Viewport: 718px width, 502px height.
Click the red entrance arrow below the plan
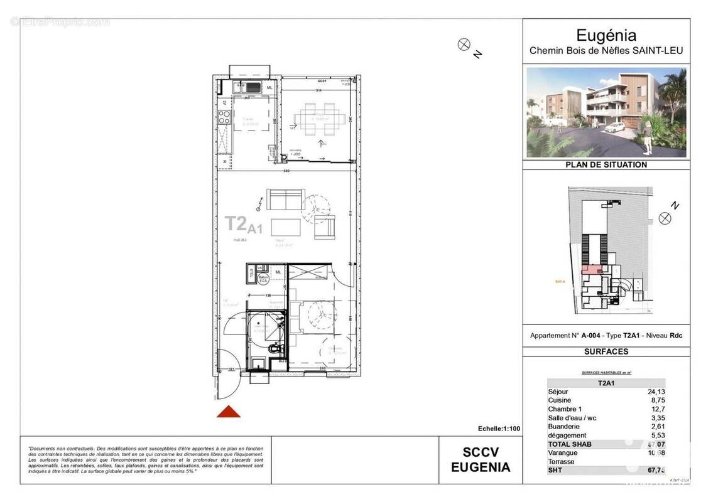[x=229, y=412]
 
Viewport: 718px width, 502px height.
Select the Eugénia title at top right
[x=606, y=36]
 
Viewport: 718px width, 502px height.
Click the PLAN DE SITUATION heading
[x=606, y=165]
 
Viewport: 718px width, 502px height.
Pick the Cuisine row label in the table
[x=560, y=400]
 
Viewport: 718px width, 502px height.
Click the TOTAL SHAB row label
[x=570, y=444]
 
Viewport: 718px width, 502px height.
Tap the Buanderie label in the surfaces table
[x=563, y=427]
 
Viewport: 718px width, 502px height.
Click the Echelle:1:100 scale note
[x=499, y=429]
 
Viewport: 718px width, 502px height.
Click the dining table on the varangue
[x=321, y=117]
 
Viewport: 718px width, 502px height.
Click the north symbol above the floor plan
[x=464, y=44]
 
